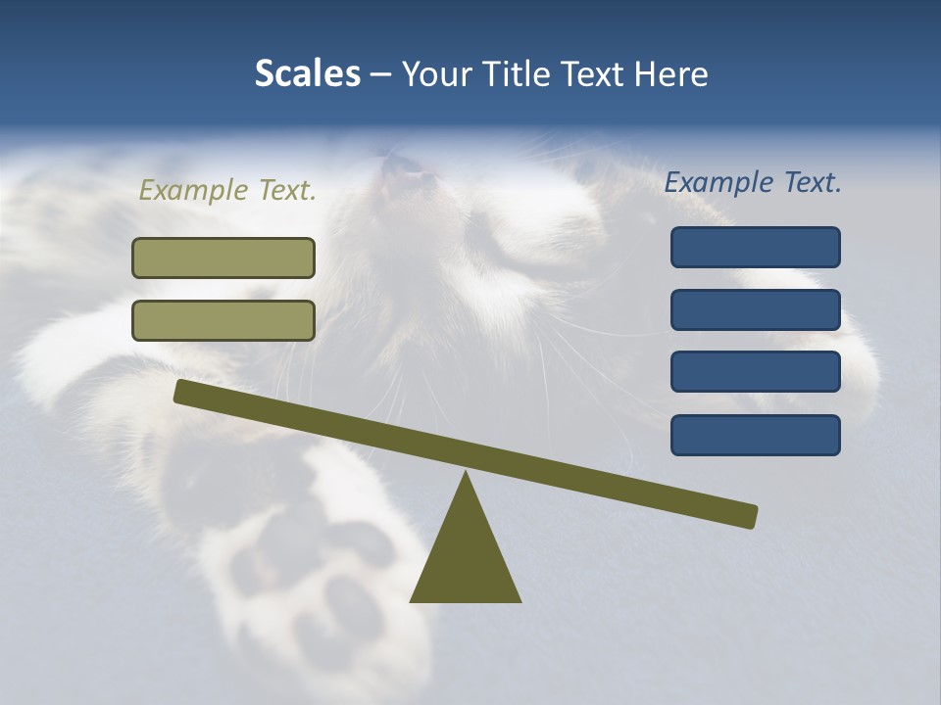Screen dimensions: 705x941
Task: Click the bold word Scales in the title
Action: coord(307,73)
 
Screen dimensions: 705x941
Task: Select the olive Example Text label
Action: coord(227,190)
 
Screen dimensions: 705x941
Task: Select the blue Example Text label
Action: coord(753,182)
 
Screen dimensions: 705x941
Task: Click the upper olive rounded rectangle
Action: coord(223,258)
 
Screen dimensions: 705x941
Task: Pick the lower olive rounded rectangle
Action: coord(223,320)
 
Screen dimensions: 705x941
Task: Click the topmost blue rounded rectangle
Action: coord(755,247)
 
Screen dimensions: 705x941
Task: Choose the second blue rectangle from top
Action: coord(755,309)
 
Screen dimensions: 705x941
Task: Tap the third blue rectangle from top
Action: coord(755,372)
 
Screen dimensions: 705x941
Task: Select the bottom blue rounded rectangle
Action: coord(755,435)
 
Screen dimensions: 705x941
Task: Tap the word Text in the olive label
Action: coord(282,190)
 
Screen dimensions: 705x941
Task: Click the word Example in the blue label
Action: coord(718,182)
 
